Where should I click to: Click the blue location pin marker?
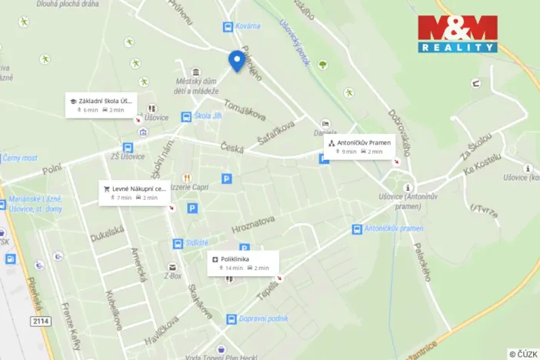click(x=237, y=60)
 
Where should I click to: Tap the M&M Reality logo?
click(x=458, y=34)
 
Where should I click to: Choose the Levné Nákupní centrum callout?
click(x=134, y=192)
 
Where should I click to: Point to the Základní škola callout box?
click(x=101, y=105)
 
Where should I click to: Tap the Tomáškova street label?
click(x=244, y=111)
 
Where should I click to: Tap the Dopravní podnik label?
click(x=263, y=318)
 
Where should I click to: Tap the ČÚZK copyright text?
click(x=522, y=354)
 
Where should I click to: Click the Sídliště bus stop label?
click(x=196, y=243)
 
